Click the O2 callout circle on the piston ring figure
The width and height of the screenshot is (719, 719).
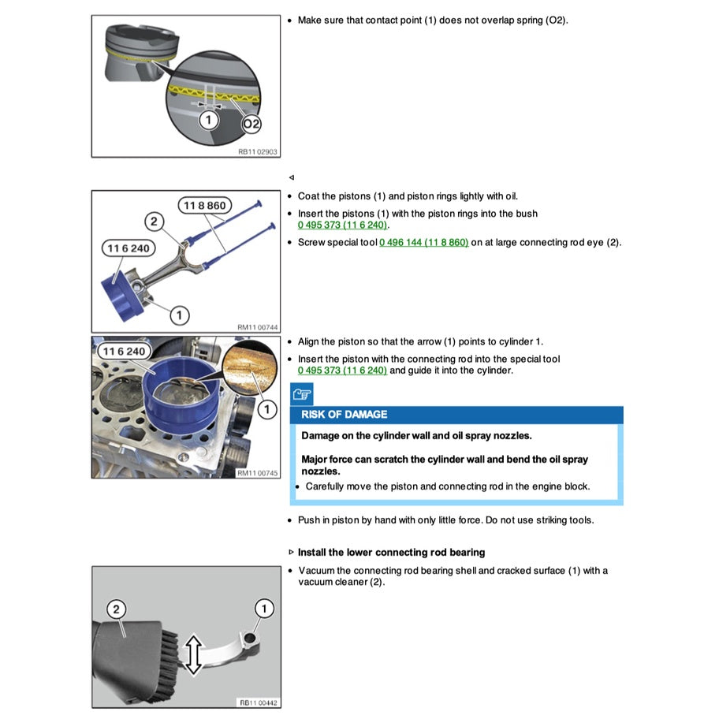[251, 124]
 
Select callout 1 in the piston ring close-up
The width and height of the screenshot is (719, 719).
[208, 120]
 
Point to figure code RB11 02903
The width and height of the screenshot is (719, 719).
[258, 151]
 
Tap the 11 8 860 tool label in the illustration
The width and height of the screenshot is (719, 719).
[204, 206]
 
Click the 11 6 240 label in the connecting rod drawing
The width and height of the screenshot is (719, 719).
[126, 248]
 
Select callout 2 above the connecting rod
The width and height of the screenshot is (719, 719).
[155, 222]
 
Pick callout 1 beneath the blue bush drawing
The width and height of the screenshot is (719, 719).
[179, 315]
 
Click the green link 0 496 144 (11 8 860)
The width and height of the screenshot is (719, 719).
[423, 242]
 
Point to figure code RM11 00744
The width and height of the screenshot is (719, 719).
[258, 326]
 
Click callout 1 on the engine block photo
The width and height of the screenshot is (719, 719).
[266, 408]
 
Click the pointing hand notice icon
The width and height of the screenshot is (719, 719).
[301, 394]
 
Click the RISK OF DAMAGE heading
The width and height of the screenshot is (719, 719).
[345, 415]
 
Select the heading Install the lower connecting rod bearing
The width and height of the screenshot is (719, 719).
[391, 552]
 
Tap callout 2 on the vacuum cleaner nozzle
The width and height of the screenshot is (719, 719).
[117, 609]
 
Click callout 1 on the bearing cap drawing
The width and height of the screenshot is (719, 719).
[263, 608]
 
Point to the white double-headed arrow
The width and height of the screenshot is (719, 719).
[193, 654]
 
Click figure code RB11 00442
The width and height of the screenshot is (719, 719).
[258, 702]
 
